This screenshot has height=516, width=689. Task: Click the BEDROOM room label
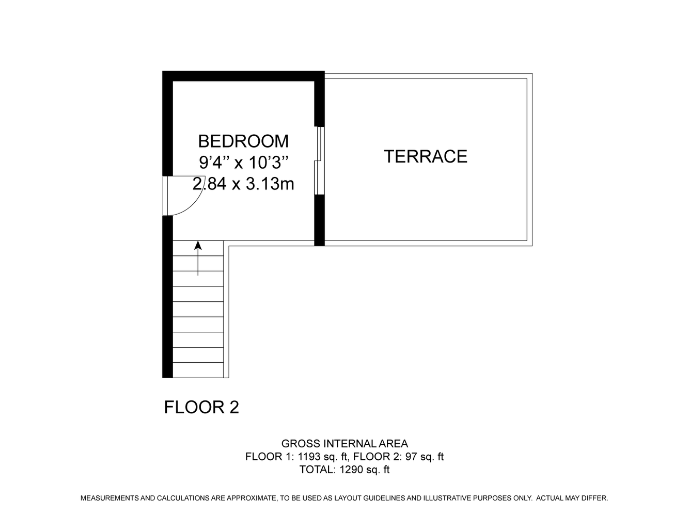pyautogui.click(x=243, y=141)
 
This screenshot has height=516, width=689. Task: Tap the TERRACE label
pyautogui.click(x=426, y=156)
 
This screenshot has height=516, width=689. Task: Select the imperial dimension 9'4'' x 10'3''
pyautogui.click(x=243, y=163)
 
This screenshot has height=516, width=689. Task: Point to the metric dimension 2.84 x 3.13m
pyautogui.click(x=243, y=184)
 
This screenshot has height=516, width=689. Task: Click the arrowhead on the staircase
pyautogui.click(x=198, y=245)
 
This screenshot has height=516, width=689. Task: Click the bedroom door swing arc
pyautogui.click(x=193, y=204)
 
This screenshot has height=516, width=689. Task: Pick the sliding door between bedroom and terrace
pyautogui.click(x=319, y=160)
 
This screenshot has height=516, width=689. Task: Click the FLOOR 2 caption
pyautogui.click(x=201, y=407)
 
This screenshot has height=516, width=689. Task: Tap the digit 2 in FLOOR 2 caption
pyautogui.click(x=234, y=407)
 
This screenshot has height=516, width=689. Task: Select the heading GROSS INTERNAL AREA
pyautogui.click(x=344, y=444)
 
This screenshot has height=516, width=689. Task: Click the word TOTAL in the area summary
pyautogui.click(x=317, y=470)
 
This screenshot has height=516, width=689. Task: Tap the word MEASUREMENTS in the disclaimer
pyautogui.click(x=109, y=498)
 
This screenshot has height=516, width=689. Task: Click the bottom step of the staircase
pyautogui.click(x=198, y=370)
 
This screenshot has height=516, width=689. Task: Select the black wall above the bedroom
pyautogui.click(x=243, y=76)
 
